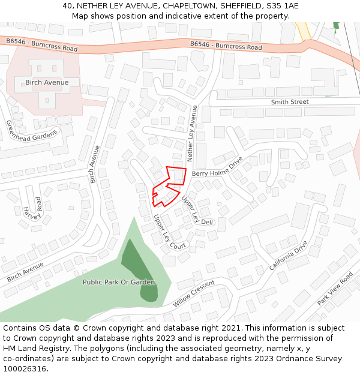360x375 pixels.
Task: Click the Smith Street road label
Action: point(289,102)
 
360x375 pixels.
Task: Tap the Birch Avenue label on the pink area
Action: point(47,82)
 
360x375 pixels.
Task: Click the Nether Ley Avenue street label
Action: point(193,134)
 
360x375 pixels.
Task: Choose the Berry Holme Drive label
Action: point(217,167)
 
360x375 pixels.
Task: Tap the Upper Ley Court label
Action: point(170,232)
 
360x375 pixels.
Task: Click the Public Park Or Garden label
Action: point(119,282)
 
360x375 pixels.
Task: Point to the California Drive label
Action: point(288,255)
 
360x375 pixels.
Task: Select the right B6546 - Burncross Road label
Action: point(226,46)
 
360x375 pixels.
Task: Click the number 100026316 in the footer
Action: point(25,368)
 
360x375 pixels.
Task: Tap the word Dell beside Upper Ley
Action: point(208,222)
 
